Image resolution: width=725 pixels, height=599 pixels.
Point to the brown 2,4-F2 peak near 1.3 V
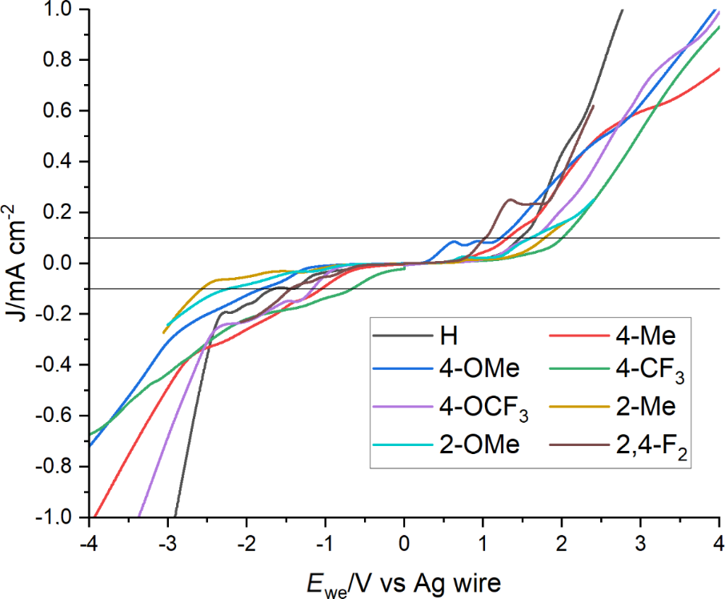pos(510,199)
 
